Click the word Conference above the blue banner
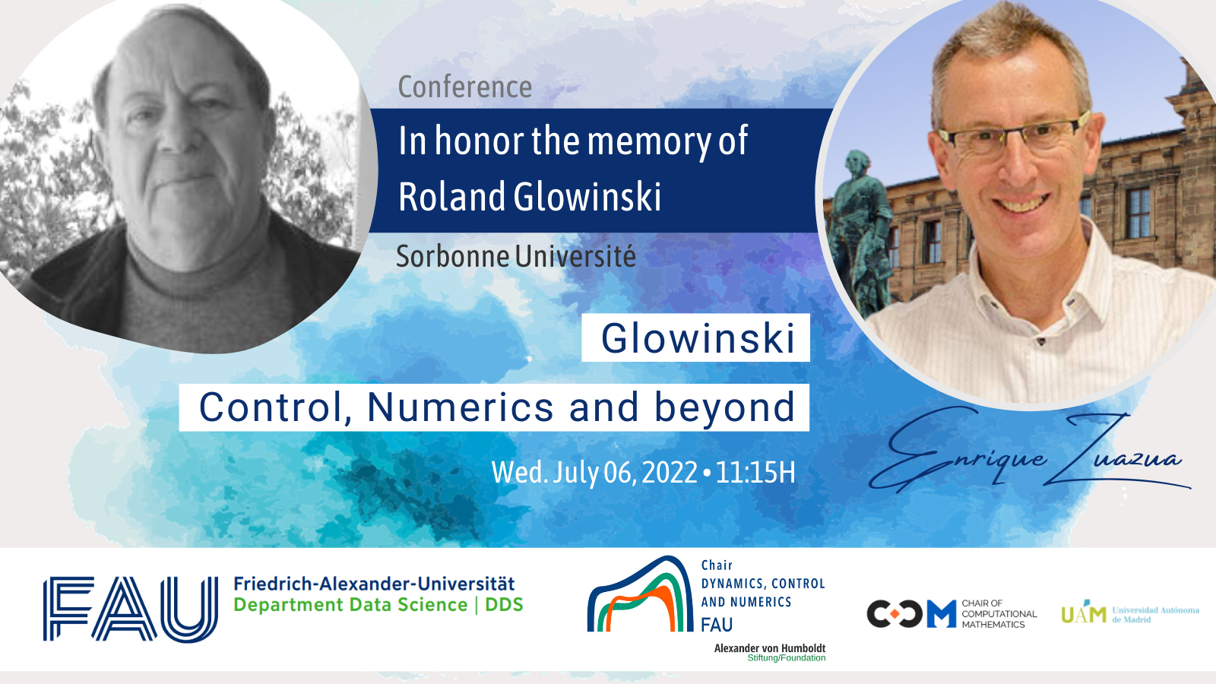pyautogui.click(x=464, y=87)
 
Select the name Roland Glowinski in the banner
pyautogui.click(x=530, y=196)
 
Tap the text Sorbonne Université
pyautogui.click(x=516, y=256)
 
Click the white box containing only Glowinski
pyautogui.click(x=695, y=337)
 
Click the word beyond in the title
pyautogui.click(x=725, y=408)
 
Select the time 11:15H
pyautogui.click(x=755, y=472)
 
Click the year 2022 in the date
pyautogui.click(x=670, y=472)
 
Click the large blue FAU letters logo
pyautogui.click(x=130, y=609)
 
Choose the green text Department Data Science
pyautogui.click(x=350, y=605)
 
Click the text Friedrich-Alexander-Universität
pyautogui.click(x=374, y=584)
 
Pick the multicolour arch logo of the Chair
pyautogui.click(x=641, y=594)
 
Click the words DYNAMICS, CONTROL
pyautogui.click(x=763, y=584)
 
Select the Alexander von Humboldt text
pyautogui.click(x=770, y=648)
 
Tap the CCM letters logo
pyautogui.click(x=911, y=614)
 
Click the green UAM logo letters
pyautogui.click(x=1084, y=613)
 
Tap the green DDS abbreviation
pyautogui.click(x=504, y=605)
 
